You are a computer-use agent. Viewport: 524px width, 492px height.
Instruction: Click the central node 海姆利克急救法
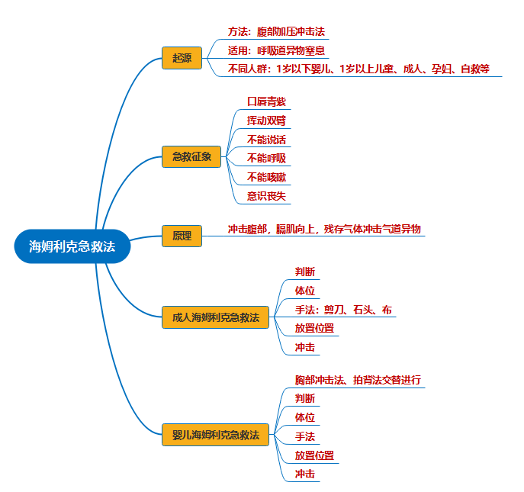[72, 246]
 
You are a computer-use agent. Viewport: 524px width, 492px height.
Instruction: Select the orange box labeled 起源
[182, 57]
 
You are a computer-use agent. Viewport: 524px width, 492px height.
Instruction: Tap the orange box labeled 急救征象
[191, 157]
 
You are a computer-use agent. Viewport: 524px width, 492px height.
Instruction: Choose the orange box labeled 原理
[181, 236]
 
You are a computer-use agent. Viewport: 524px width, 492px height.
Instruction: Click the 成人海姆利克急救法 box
[215, 317]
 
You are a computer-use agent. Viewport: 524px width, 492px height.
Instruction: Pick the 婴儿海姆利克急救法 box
[215, 435]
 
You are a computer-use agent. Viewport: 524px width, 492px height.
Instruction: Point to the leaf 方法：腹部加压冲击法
[277, 32]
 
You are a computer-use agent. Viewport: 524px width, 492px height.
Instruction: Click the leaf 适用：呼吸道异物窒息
[276, 51]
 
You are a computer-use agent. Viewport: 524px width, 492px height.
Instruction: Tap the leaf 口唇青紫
[266, 101]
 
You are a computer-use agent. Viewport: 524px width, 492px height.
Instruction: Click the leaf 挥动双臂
[266, 121]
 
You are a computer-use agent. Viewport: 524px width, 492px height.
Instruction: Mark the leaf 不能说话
[266, 140]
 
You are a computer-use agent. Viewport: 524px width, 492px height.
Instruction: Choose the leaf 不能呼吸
[266, 158]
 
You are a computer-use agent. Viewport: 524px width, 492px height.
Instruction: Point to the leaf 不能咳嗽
[266, 177]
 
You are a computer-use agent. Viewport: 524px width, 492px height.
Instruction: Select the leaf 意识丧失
[266, 196]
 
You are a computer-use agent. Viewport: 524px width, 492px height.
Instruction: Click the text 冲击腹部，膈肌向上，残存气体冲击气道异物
[324, 229]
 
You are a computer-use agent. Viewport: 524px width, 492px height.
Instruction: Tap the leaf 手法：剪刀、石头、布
[343, 310]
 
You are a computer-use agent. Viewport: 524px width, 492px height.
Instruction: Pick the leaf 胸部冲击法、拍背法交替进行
[358, 379]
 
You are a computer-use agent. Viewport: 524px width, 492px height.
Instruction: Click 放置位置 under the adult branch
[314, 329]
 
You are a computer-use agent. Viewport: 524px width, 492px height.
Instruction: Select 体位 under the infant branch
[304, 417]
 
